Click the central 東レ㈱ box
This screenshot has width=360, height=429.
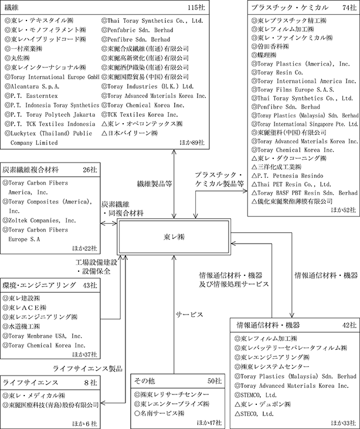[174, 238]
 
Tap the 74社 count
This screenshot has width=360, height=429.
[347, 7]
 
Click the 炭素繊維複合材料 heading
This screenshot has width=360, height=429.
[31, 170]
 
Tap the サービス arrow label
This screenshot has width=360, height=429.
[191, 314]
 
